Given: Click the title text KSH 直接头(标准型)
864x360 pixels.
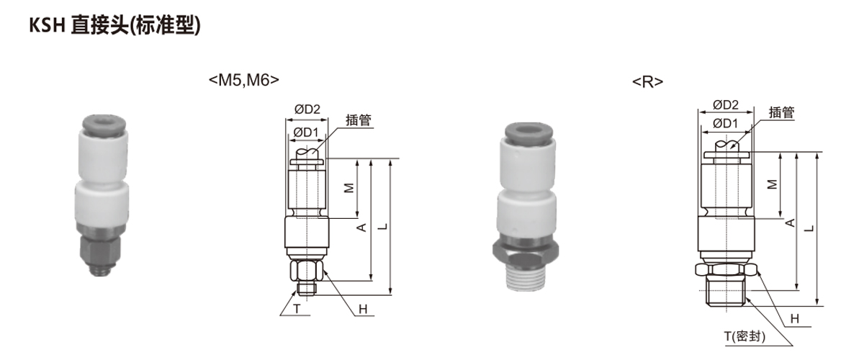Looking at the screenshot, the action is tap(115, 25).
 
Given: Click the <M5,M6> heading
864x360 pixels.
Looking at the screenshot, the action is tap(244, 80).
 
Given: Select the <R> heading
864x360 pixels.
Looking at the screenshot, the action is tap(647, 82).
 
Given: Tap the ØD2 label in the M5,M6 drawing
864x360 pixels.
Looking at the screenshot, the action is tap(307, 109).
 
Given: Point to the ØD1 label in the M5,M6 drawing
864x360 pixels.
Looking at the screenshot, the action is tap(306, 132).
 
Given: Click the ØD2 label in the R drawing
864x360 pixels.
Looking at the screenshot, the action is tap(726, 104).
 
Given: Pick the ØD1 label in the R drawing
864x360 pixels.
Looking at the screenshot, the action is tap(725, 123).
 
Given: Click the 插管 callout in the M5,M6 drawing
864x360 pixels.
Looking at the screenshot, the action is tap(359, 120).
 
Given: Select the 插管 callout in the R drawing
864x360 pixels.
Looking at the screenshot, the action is tap(782, 112).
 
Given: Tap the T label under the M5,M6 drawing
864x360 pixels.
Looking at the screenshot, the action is tap(297, 309).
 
